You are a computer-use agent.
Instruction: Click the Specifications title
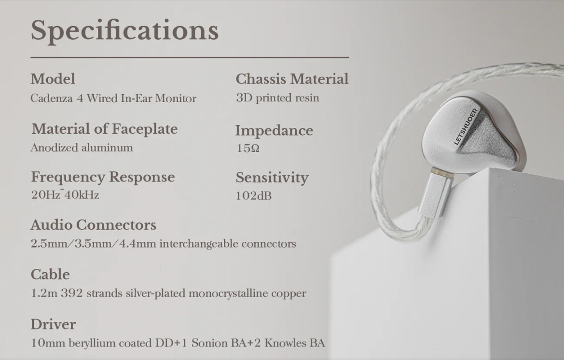[124, 31]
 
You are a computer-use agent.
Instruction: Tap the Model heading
[53, 79]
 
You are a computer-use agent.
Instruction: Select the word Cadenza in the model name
[52, 98]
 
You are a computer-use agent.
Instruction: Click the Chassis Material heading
[292, 79]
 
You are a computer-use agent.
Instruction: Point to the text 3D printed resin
[278, 98]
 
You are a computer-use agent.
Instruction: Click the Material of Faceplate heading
[104, 129]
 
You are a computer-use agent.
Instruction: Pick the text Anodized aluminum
[82, 148]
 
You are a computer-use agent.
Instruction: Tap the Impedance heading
[274, 131]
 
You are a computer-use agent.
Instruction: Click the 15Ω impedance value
[248, 148]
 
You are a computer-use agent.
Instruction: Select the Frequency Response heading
[103, 177]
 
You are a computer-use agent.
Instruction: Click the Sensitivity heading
[272, 178]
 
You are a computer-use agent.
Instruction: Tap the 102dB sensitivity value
[254, 196]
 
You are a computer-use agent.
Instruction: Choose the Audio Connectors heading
[94, 225]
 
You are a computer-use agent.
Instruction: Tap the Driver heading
[53, 324]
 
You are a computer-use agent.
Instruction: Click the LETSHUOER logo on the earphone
[466, 126]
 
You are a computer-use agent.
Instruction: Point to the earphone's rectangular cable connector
[435, 194]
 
